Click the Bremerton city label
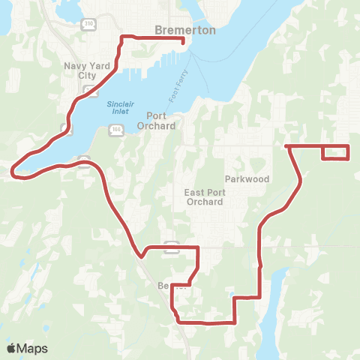click(x=184, y=31)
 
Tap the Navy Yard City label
click(x=88, y=71)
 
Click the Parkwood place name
click(x=247, y=179)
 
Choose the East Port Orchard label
click(x=205, y=197)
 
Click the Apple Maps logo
click(x=27, y=348)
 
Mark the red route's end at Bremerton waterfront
click(x=184, y=43)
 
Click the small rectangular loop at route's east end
click(x=335, y=152)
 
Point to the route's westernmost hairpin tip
click(x=13, y=174)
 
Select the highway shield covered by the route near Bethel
click(x=171, y=245)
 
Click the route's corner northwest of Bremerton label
click(x=122, y=37)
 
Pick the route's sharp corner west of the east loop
click(x=289, y=146)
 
